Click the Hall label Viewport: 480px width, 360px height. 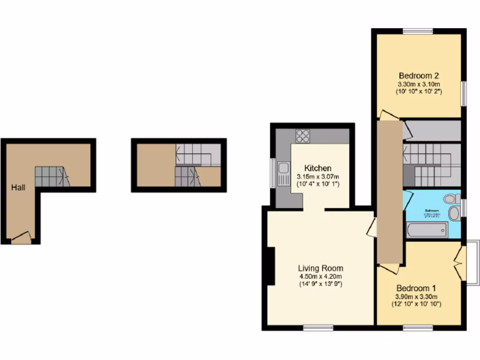[19, 187]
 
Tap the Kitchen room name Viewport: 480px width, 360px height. [318, 168]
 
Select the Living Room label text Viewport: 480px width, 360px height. [321, 269]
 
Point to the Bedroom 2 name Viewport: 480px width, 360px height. [419, 75]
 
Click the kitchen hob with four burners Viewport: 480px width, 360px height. [303, 135]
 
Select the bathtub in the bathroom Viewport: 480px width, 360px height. [427, 230]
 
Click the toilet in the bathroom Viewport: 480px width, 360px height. [452, 199]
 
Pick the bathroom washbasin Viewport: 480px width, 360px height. [453, 213]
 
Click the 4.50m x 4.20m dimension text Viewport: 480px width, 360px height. [321, 277]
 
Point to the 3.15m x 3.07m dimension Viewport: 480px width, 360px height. [318, 177]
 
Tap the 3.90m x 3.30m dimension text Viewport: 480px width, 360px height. [416, 297]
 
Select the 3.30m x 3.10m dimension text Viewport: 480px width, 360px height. [419, 84]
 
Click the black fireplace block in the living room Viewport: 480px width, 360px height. [270, 266]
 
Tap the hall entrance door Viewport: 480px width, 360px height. [22, 238]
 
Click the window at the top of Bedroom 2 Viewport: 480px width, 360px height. [418, 31]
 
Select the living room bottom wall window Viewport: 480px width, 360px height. [318, 328]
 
